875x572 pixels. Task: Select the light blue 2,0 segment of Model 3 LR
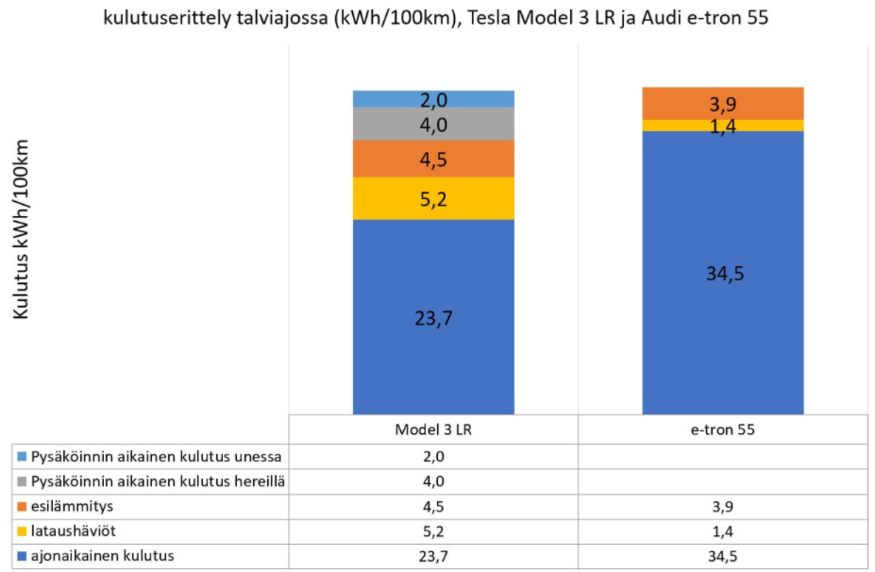[x=433, y=99]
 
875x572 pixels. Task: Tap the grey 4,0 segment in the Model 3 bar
[x=433, y=124]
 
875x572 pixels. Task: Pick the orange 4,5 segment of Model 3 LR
[x=433, y=159]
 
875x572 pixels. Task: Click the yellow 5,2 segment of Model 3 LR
[x=433, y=198]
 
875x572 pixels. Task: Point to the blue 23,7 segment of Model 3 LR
[x=433, y=317]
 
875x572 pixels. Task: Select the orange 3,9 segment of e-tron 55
[x=723, y=103]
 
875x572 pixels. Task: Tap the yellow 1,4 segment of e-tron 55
[x=723, y=126]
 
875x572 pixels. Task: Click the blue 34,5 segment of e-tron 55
[x=723, y=274]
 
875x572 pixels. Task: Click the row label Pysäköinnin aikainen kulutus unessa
[x=156, y=456]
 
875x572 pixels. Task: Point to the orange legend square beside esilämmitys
[x=21, y=507]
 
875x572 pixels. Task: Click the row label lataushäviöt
[x=72, y=531]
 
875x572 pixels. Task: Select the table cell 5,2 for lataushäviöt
[x=433, y=531]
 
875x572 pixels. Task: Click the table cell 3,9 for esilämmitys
[x=723, y=507]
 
